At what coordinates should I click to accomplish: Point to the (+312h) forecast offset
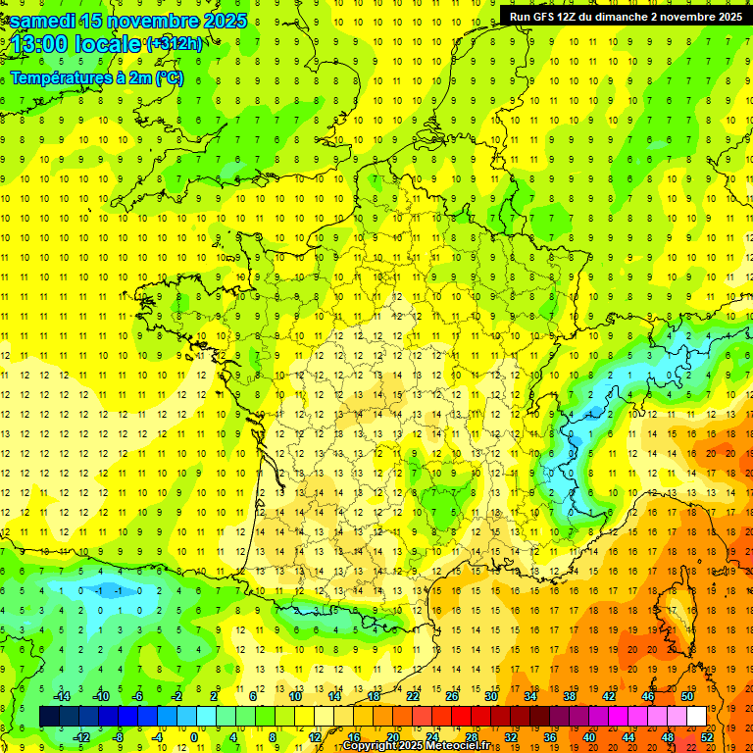click(175, 44)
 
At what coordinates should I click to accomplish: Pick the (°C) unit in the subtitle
click(168, 77)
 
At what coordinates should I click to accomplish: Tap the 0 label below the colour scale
click(194, 737)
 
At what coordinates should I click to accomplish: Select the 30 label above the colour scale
click(491, 696)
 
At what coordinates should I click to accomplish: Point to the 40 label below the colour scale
click(589, 737)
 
